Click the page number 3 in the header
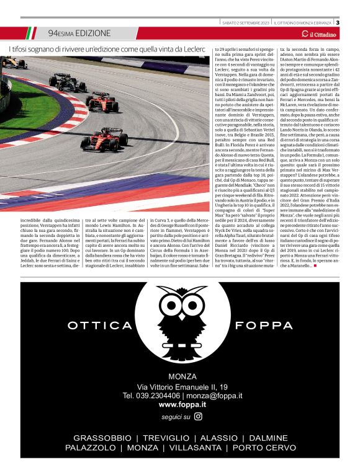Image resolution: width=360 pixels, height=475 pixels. (x=354, y=23)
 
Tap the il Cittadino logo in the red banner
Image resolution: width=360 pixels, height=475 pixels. (x=326, y=33)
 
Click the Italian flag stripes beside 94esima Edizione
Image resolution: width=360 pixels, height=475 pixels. (x=31, y=33)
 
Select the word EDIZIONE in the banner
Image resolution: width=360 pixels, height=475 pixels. (x=94, y=33)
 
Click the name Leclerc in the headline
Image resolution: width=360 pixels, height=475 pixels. (x=191, y=48)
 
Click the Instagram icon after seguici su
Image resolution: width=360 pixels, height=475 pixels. (x=198, y=417)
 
